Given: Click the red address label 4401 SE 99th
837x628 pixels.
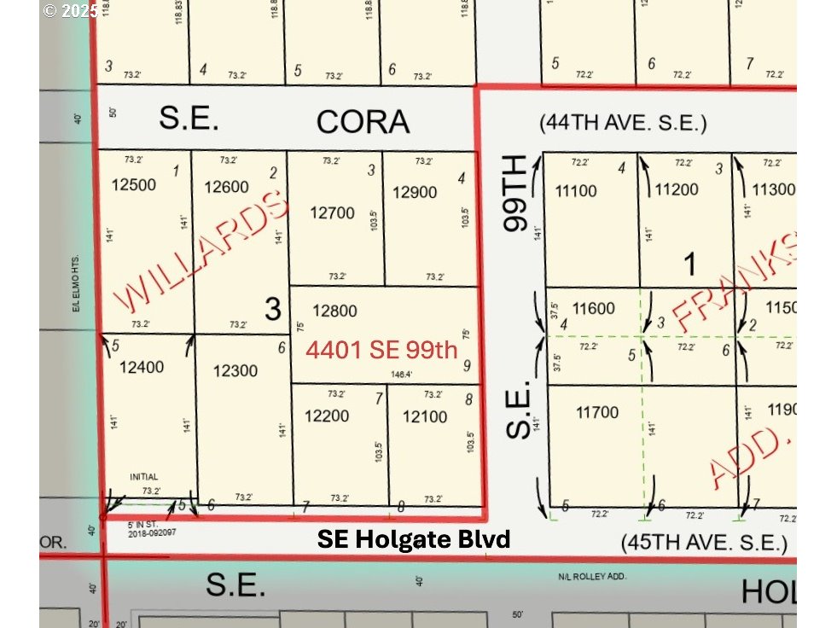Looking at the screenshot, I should tap(382, 350).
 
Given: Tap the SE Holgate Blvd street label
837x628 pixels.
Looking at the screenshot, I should tap(414, 539).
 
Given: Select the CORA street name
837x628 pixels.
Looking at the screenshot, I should tap(363, 122).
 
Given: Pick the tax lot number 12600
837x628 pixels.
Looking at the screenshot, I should tap(227, 188).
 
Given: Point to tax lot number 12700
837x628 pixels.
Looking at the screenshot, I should tap(332, 212).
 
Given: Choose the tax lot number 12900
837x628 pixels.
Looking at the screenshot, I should tap(415, 193).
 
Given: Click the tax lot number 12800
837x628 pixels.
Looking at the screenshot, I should tap(334, 311).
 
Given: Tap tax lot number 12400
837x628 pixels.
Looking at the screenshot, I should tap(142, 367).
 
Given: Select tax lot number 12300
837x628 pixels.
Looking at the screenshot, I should tap(235, 370).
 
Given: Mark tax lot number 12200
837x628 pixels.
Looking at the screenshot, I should tap(327, 416).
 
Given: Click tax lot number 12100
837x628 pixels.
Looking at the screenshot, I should tap(424, 416).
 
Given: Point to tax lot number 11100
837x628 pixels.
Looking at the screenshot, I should tap(576, 191).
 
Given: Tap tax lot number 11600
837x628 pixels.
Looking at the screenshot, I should tap(595, 310).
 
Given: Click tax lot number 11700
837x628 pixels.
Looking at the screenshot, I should tap(597, 413).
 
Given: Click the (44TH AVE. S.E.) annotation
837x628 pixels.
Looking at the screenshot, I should tap(623, 123).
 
